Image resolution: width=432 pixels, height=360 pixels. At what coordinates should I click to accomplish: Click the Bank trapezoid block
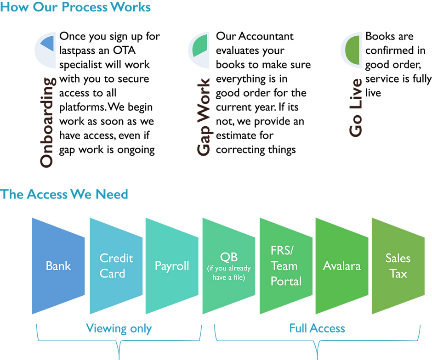(58, 266)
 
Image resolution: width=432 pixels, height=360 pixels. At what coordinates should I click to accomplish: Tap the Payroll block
(171, 266)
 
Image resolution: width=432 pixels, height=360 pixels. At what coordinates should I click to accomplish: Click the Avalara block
(341, 266)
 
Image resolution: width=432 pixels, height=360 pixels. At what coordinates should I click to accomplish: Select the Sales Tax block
(398, 266)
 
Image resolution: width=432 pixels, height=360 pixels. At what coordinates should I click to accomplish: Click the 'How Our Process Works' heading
(76, 8)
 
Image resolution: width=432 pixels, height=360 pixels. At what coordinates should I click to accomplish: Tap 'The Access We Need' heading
(65, 195)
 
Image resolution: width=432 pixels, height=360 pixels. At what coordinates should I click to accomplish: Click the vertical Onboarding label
(48, 123)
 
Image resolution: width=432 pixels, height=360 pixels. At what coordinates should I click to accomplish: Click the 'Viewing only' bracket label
(119, 329)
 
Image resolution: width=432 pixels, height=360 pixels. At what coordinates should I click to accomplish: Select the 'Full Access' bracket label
(317, 329)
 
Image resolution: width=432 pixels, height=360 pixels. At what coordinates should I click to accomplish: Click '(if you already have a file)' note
(228, 273)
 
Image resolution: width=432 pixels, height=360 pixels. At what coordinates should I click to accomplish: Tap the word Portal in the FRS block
(286, 281)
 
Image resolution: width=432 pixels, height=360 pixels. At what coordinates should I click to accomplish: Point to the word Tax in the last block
(398, 274)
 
